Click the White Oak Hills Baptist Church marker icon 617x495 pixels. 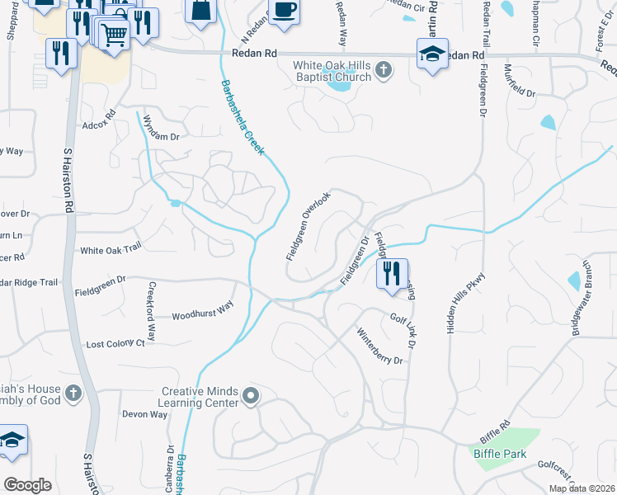[383, 71]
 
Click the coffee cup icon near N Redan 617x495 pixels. [285, 11]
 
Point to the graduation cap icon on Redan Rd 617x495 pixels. [432, 54]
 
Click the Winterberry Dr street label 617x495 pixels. [379, 347]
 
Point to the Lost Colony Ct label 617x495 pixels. [115, 342]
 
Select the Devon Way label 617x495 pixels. [144, 414]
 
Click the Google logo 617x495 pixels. [28, 485]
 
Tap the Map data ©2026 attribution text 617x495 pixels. [581, 488]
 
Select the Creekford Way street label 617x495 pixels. [151, 312]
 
